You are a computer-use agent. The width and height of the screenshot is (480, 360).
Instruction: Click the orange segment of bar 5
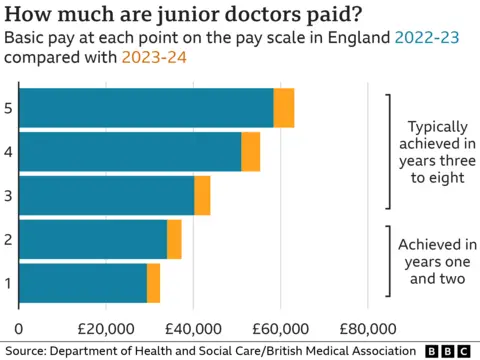pyautogui.click(x=284, y=108)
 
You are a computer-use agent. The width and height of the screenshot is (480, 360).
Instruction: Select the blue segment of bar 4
pyautogui.click(x=130, y=151)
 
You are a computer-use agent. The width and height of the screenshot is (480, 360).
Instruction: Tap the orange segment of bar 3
pyautogui.click(x=202, y=195)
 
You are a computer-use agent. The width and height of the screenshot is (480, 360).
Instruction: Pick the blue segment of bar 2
pyautogui.click(x=93, y=239)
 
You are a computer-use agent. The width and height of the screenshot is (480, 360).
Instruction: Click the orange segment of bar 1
pyautogui.click(x=153, y=282)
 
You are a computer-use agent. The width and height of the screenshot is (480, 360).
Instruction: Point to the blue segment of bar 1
pyautogui.click(x=83, y=282)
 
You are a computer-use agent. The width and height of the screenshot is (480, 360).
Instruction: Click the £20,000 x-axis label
pyautogui.click(x=106, y=328)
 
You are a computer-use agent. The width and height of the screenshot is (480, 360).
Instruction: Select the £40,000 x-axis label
pyautogui.click(x=193, y=328)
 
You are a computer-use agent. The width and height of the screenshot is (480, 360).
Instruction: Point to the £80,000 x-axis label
pyautogui.click(x=367, y=328)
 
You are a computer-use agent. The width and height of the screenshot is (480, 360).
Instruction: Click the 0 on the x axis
pyautogui.click(x=19, y=328)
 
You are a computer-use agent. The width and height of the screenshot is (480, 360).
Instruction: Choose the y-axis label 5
pyautogui.click(x=8, y=108)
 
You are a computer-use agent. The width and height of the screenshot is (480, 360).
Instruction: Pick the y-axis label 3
pyautogui.click(x=8, y=195)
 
